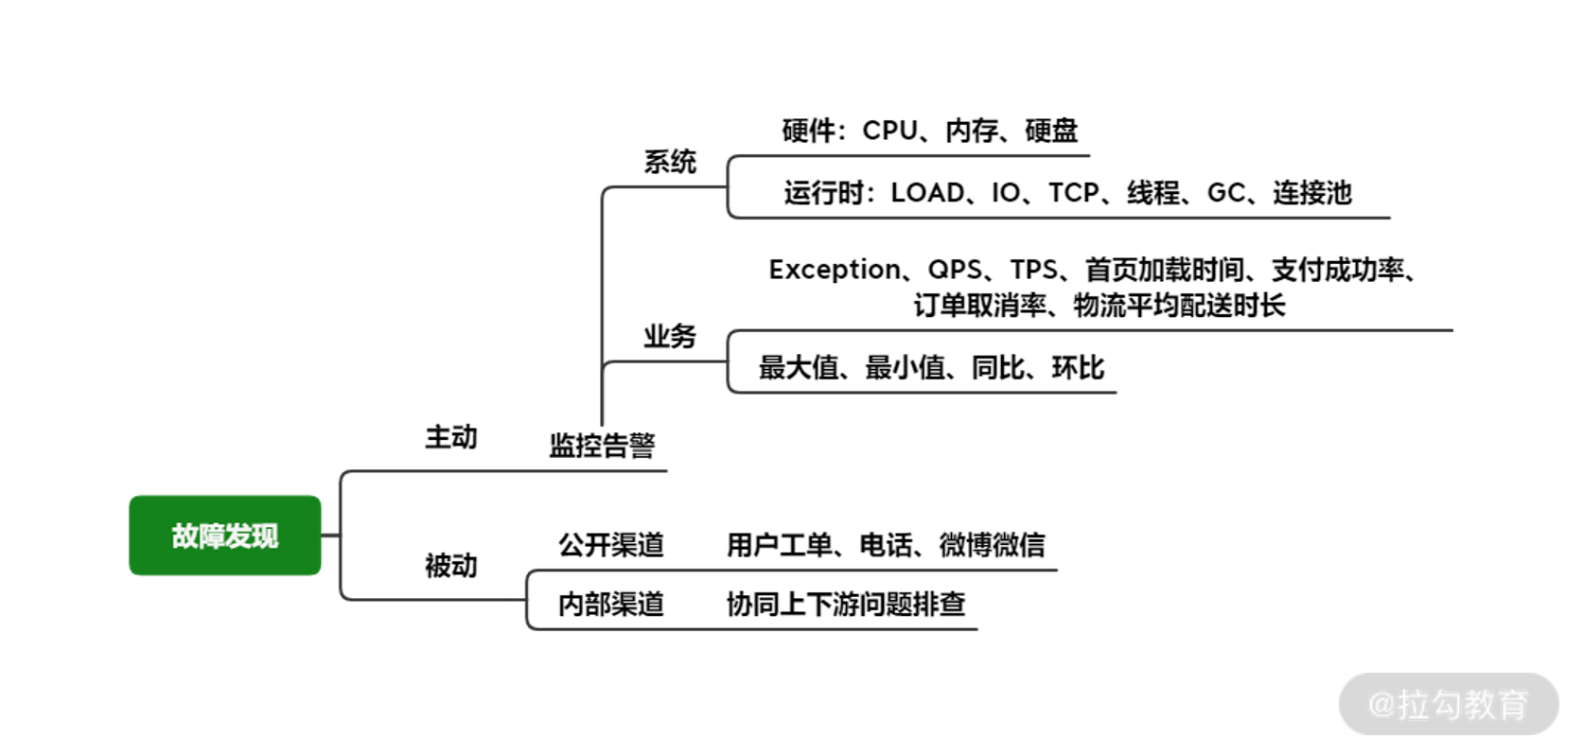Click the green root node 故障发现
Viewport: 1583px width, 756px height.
pos(224,536)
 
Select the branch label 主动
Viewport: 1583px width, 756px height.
pos(450,437)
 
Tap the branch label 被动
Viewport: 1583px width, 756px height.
pos(450,566)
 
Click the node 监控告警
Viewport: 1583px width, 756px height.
pos(602,445)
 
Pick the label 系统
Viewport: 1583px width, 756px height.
pos(670,162)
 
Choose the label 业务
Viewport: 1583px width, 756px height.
pos(670,336)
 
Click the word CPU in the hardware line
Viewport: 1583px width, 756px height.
pos(889,131)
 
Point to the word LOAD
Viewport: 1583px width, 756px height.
pos(926,193)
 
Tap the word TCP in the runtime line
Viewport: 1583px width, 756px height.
pos(1073,193)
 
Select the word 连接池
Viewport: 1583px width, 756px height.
pos(1311,193)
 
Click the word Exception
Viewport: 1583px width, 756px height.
pos(834,270)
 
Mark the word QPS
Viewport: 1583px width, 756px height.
pos(955,270)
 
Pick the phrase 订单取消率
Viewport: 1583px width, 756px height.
pos(979,306)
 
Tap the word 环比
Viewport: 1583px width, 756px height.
pos(1078,368)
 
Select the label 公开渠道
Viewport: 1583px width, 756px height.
pos(611,545)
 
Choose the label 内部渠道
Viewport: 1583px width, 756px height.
pos(611,604)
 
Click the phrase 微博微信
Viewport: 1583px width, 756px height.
pos(992,545)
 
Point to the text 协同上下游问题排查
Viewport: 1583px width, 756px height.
pos(846,604)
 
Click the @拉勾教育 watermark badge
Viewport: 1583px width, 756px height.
pos(1449,704)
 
